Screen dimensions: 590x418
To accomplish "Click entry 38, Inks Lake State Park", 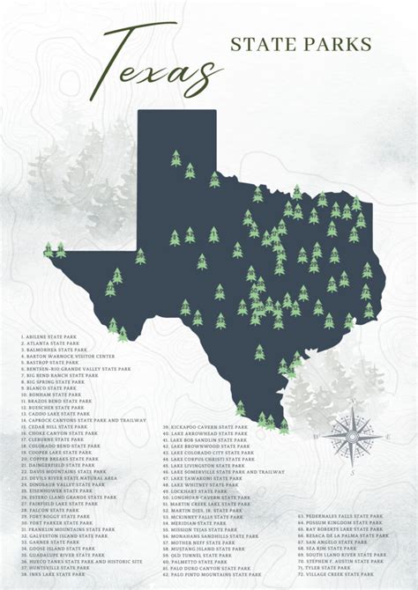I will [53, 574].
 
